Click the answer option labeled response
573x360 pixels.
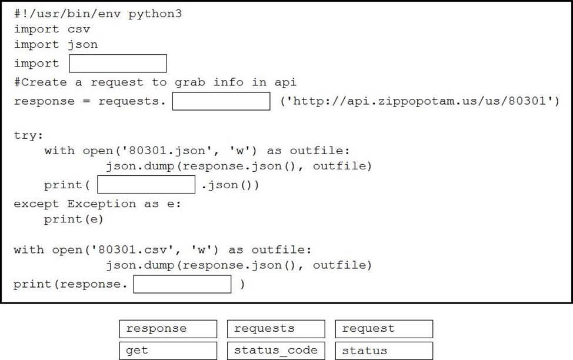pyautogui.click(x=168, y=329)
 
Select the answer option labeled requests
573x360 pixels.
pyautogui.click(x=276, y=329)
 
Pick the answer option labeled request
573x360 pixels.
pyautogui.click(x=384, y=329)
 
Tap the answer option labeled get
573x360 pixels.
pyautogui.click(x=168, y=351)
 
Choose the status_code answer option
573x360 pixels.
pyautogui.click(x=276, y=351)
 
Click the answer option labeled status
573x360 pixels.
pyautogui.click(x=384, y=351)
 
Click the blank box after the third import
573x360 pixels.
pyautogui.click(x=118, y=64)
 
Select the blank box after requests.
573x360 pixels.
pyautogui.click(x=221, y=101)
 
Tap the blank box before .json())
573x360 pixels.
pyautogui.click(x=146, y=185)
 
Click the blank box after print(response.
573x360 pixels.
pyautogui.click(x=182, y=285)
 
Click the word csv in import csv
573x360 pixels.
pyautogui.click(x=79, y=29)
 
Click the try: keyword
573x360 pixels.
pyautogui.click(x=29, y=135)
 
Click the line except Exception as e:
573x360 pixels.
pyautogui.click(x=98, y=204)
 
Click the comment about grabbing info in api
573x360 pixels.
pyautogui.click(x=155, y=82)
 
